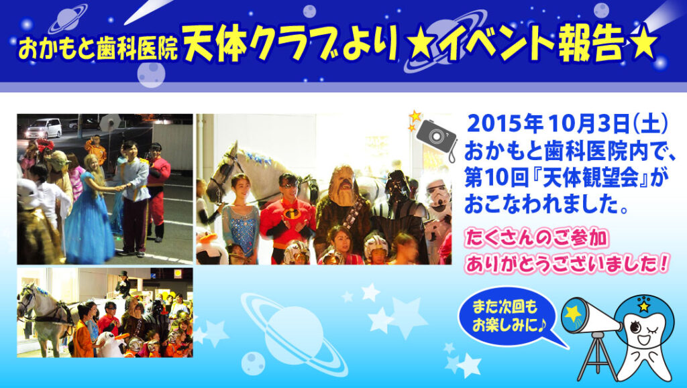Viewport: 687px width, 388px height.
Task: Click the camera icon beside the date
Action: click(x=436, y=135)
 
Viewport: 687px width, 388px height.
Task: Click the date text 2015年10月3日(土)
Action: click(x=568, y=124)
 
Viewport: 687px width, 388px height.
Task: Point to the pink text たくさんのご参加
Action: click(x=537, y=239)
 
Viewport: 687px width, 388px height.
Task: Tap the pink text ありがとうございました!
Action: click(x=567, y=264)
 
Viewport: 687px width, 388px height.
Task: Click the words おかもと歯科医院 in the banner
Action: click(x=97, y=49)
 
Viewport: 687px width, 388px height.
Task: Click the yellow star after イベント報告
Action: click(x=642, y=44)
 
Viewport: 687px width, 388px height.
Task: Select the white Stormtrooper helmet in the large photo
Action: click(x=438, y=197)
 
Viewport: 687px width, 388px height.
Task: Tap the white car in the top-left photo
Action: click(x=44, y=128)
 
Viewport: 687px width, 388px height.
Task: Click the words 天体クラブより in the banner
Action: click(x=290, y=43)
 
